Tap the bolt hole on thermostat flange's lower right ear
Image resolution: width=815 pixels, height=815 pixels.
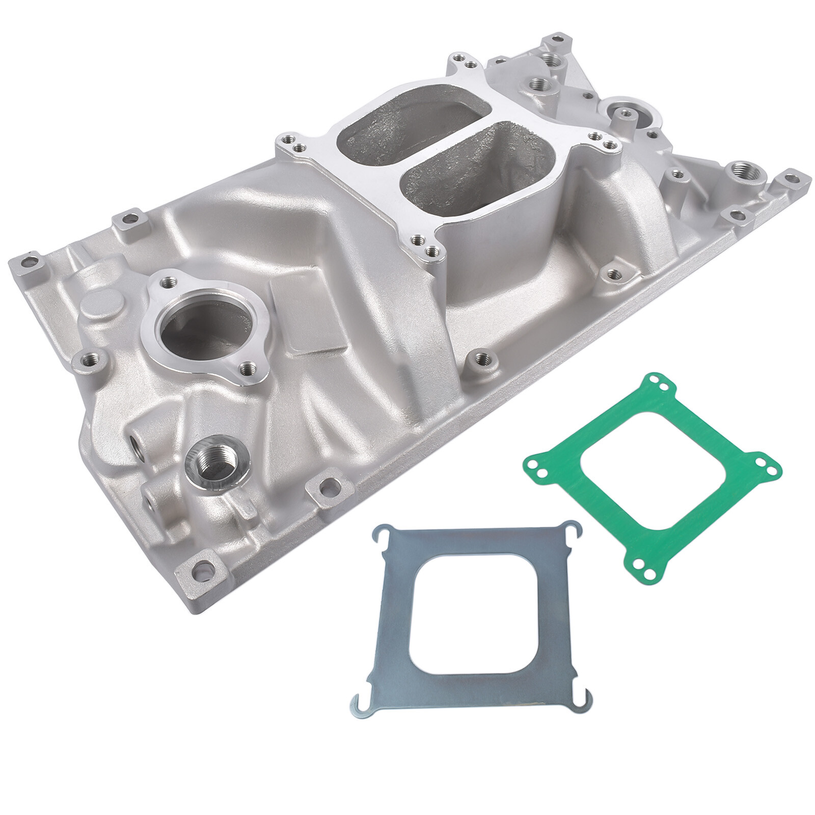click(247, 367)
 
